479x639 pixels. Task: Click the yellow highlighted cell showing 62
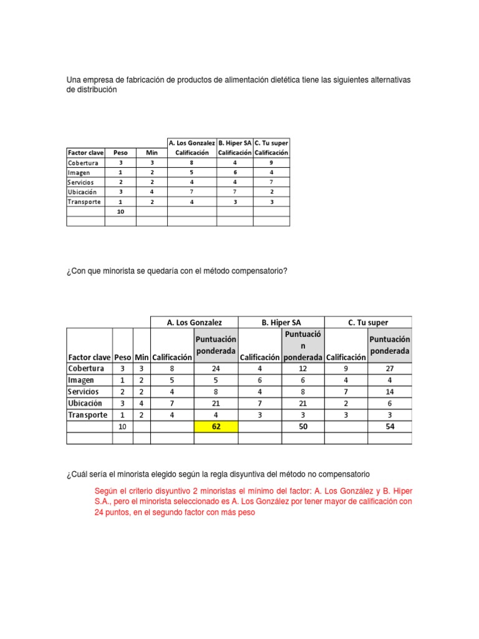click(216, 427)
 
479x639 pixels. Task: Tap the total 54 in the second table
click(389, 427)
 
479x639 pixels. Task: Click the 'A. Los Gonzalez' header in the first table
click(192, 143)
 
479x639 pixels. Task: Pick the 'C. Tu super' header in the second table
click(368, 323)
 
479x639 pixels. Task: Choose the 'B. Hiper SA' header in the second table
click(281, 323)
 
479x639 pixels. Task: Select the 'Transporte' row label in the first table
click(84, 202)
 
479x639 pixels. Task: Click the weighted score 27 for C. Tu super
click(389, 368)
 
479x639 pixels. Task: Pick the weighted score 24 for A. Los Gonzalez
click(216, 368)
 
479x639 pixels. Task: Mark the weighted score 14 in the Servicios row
click(389, 391)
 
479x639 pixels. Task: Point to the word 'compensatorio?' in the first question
click(259, 270)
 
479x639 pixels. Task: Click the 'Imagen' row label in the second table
click(82, 379)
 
